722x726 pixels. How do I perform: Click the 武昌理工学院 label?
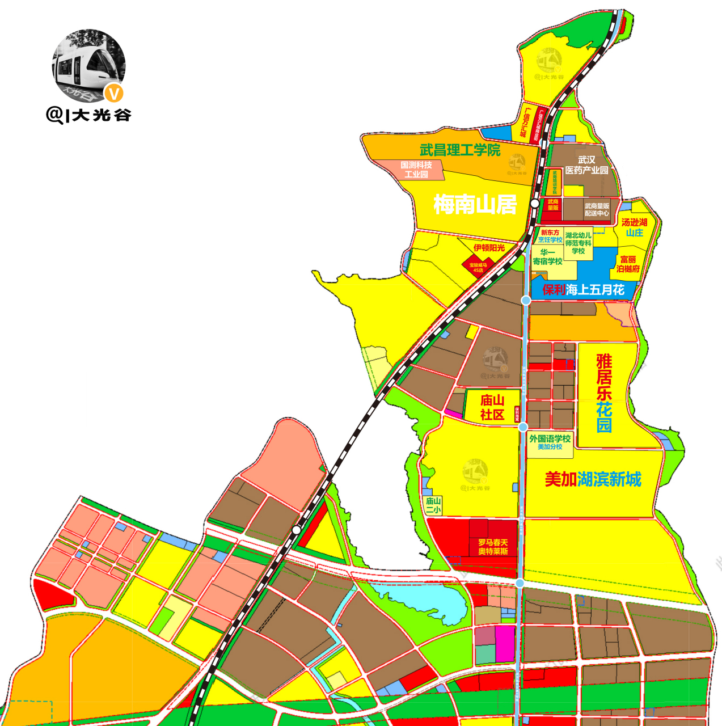pos(460,150)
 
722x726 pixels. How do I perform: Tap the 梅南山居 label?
pos(475,204)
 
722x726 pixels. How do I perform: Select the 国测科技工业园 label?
pos(416,170)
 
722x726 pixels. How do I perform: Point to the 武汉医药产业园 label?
pos(586,165)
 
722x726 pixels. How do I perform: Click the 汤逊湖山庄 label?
pos(634,227)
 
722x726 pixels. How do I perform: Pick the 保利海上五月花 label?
pos(583,290)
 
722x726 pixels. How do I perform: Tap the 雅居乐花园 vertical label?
pos(604,393)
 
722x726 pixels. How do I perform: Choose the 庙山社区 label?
pos(492,407)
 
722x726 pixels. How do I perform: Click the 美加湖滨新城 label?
pos(593,479)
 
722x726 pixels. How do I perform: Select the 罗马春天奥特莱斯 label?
pos(493,547)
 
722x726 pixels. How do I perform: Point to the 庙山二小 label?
pos(433,505)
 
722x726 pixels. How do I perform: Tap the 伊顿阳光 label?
pos(489,248)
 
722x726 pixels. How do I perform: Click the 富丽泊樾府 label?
pos(628,264)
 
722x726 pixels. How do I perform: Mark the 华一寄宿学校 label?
pos(547,257)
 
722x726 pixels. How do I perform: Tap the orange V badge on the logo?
pos(114,92)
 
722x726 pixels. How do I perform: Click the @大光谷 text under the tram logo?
pos(89,115)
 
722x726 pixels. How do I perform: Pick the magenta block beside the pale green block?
pos(505,643)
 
